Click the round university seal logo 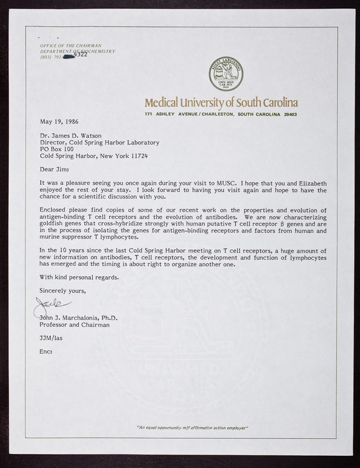pos(226,74)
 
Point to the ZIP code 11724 pos(138,156)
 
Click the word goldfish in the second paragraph pos(52,224)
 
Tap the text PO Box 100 pos(57,149)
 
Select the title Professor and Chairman pos(74,325)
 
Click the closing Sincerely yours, pos(63,290)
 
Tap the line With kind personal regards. pos(79,277)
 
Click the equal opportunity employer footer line pos(192,428)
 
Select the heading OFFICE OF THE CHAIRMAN pos(71,46)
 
